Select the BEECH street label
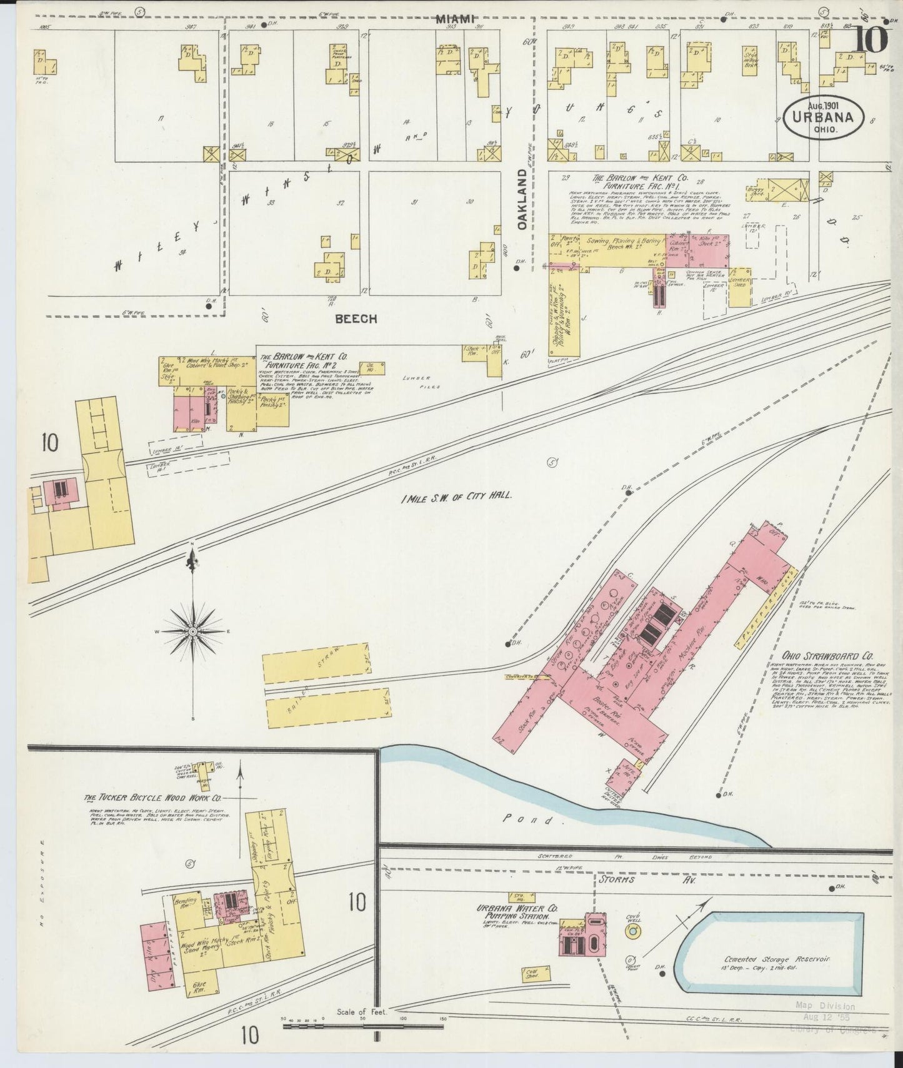coord(356,319)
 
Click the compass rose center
coord(193,632)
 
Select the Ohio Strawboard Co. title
coord(819,656)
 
